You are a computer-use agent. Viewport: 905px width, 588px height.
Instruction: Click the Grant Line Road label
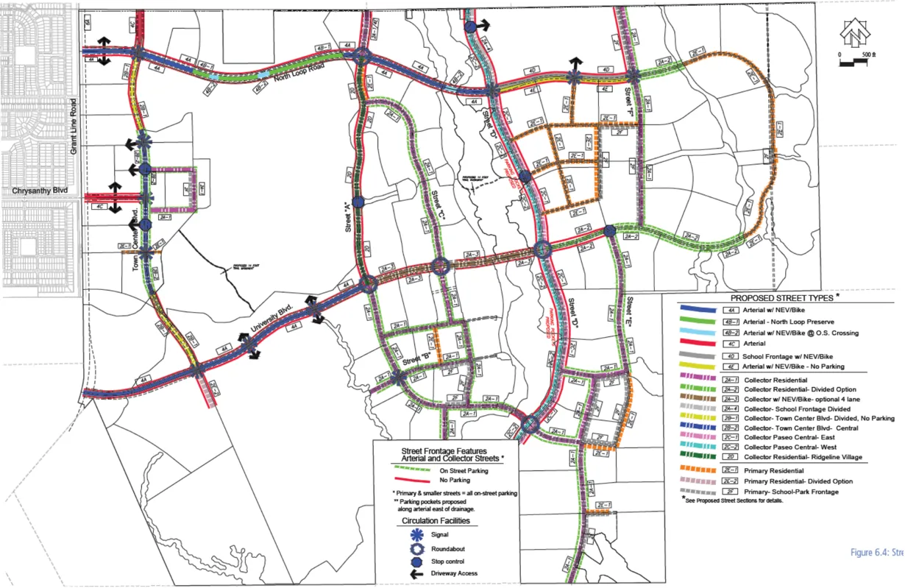pos(74,127)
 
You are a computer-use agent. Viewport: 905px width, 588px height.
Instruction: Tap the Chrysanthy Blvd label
pos(40,191)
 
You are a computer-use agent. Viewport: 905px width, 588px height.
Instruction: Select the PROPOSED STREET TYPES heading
pos(783,298)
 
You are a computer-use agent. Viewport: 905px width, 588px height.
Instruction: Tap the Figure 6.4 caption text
pos(876,552)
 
